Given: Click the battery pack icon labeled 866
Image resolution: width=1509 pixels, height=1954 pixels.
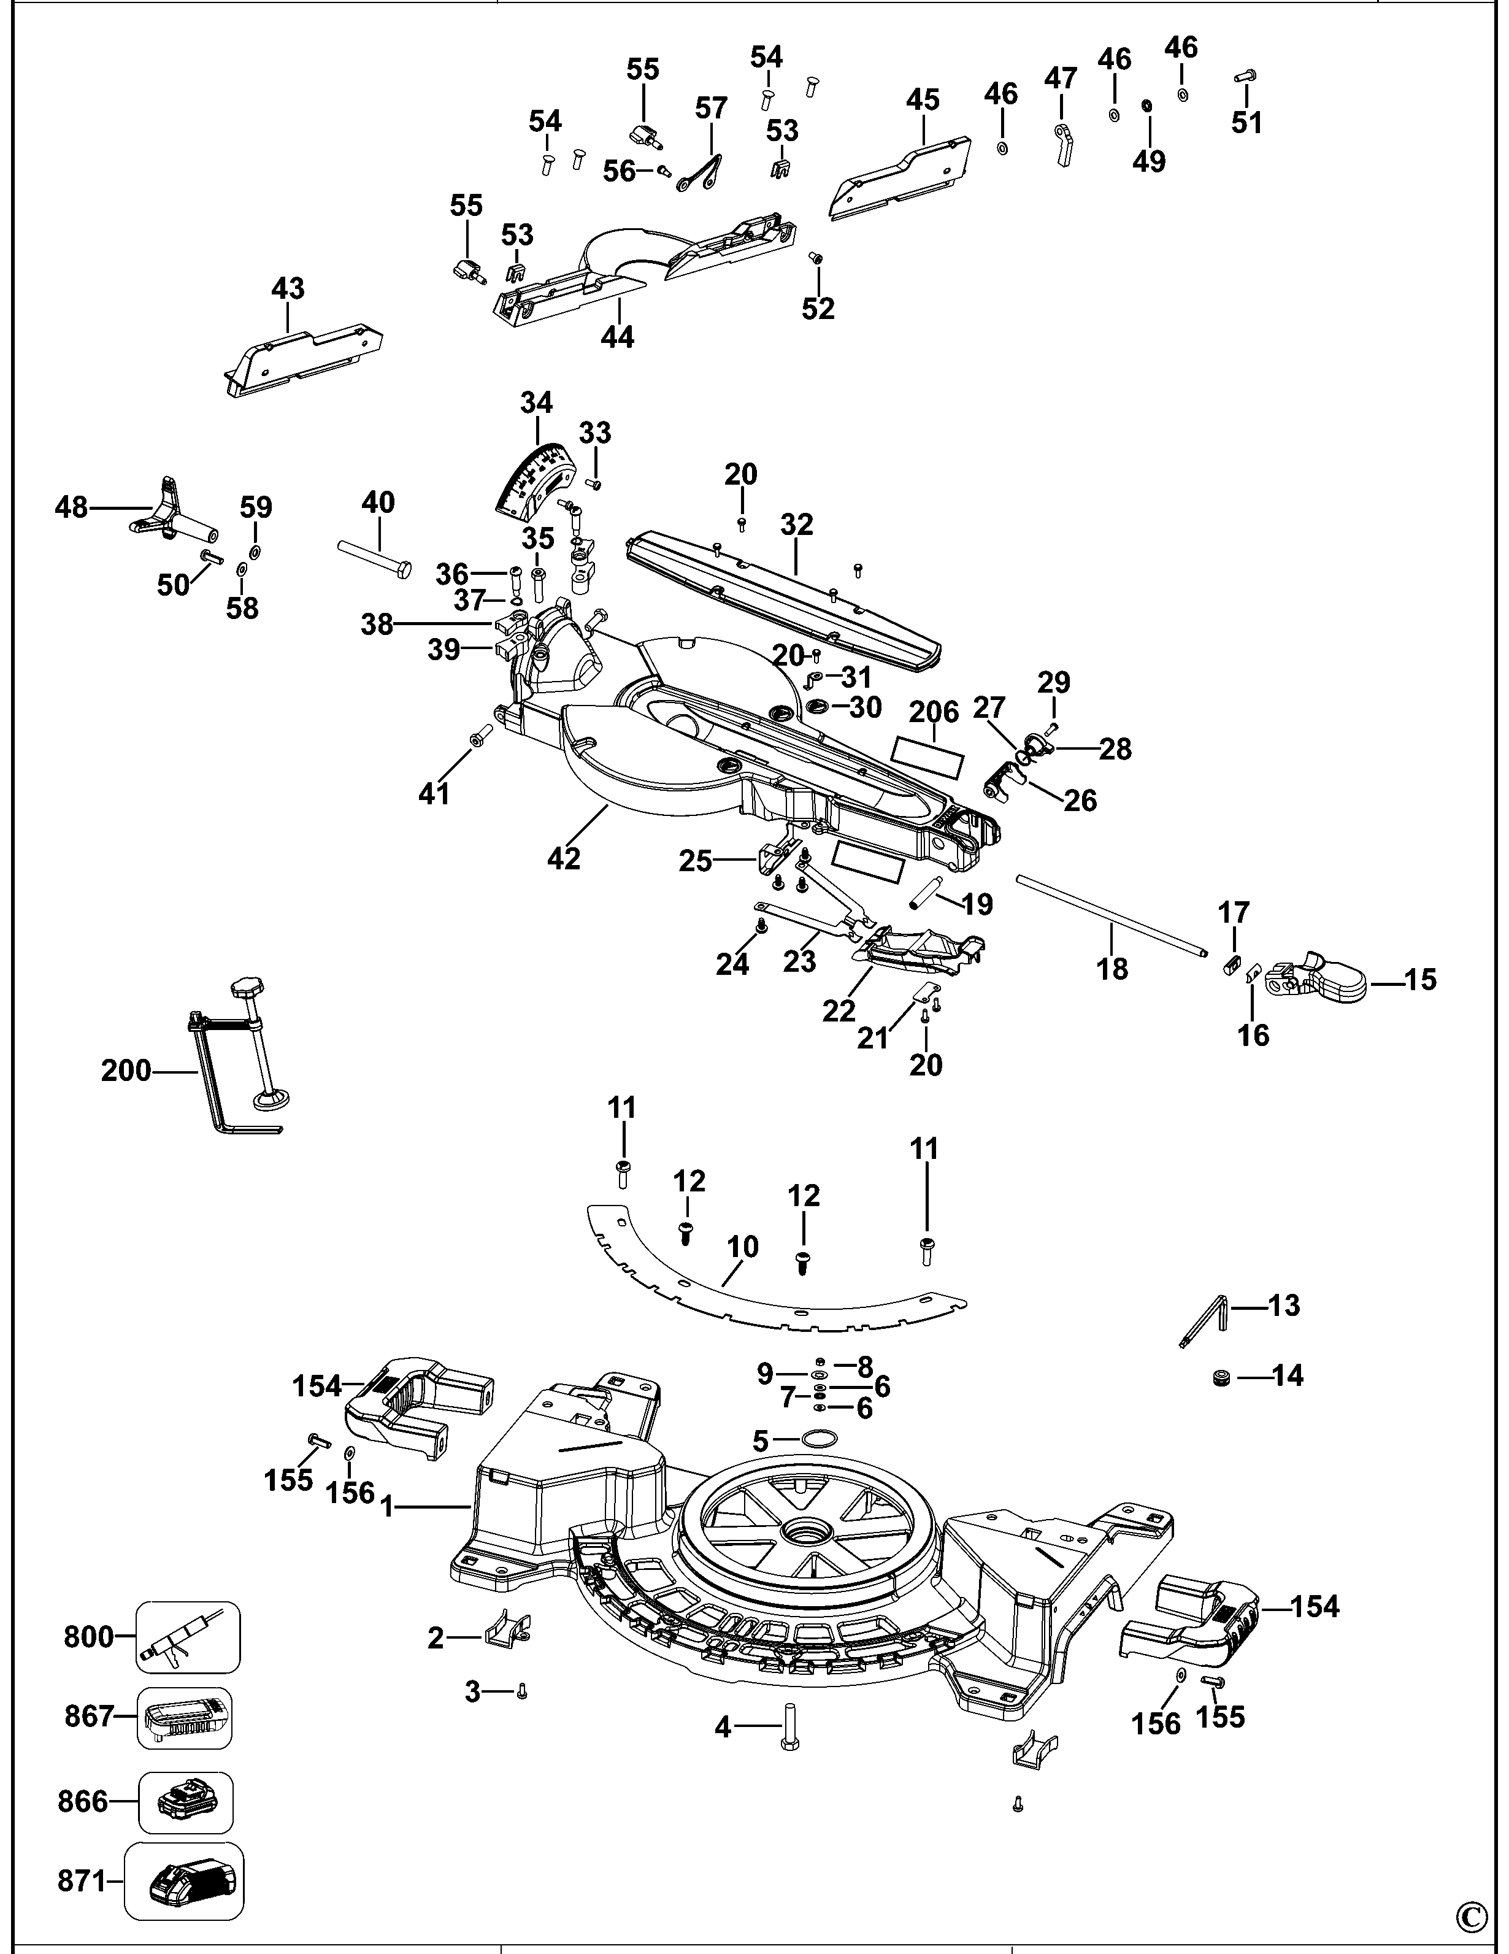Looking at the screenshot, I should tap(185, 1802).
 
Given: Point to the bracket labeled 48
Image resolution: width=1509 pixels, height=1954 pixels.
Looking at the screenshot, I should tap(170, 515).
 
